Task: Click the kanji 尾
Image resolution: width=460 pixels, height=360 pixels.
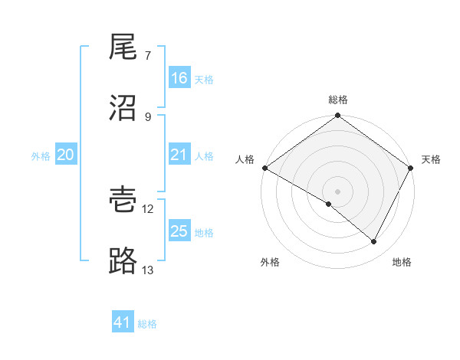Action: (x=123, y=47)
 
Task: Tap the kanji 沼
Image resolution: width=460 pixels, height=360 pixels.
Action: (x=123, y=108)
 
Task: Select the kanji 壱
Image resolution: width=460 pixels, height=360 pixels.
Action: (x=123, y=201)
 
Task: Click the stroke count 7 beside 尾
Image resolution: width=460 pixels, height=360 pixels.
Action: (x=147, y=56)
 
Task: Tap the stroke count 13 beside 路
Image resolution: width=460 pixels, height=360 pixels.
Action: (x=148, y=270)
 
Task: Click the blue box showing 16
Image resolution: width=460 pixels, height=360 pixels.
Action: (x=179, y=78)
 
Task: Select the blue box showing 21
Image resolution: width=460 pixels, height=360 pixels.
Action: (x=179, y=155)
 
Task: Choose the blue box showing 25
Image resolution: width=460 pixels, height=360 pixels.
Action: (x=179, y=231)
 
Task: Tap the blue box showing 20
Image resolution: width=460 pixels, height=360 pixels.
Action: (x=66, y=155)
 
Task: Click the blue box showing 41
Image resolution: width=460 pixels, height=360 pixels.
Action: (x=123, y=322)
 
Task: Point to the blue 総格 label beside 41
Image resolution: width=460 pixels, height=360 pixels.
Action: (x=147, y=324)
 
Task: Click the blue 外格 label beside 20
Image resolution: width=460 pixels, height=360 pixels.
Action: (x=41, y=155)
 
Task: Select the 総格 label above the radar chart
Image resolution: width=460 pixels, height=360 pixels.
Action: (x=338, y=100)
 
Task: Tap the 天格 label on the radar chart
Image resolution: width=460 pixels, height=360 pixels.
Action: (x=431, y=159)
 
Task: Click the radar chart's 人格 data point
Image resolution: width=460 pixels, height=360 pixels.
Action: (x=264, y=168)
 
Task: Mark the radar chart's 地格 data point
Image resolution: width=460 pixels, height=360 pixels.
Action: (x=374, y=242)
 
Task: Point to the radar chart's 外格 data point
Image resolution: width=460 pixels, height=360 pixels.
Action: (x=329, y=204)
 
